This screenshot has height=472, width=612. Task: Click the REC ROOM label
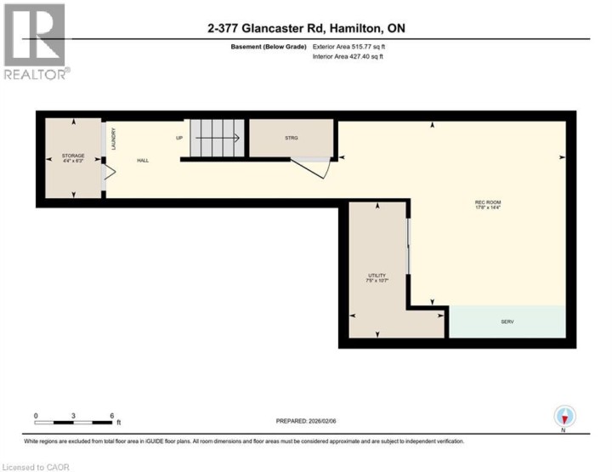click(488, 202)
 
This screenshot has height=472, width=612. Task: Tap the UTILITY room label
click(377, 276)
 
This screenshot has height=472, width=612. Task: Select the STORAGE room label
click(73, 156)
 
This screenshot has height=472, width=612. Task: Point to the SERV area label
click(507, 321)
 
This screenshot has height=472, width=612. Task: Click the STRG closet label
click(292, 137)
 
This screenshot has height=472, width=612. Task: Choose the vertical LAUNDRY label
click(113, 139)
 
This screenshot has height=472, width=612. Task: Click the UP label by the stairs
click(179, 137)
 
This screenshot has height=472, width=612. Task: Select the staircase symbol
click(216, 137)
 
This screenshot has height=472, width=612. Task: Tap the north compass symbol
click(564, 417)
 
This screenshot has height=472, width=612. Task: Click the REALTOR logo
click(35, 42)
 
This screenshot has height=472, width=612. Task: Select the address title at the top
click(306, 28)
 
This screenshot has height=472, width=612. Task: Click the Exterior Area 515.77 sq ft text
click(349, 48)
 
